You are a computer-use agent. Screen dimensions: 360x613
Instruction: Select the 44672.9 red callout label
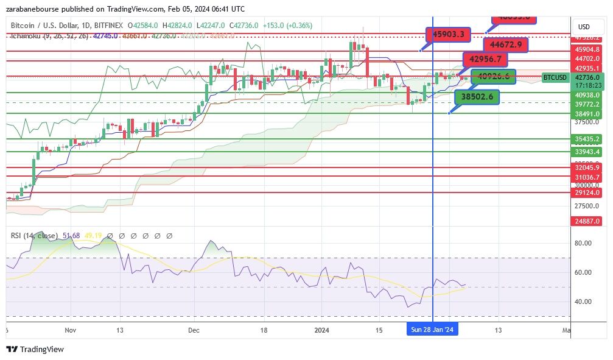[505, 44]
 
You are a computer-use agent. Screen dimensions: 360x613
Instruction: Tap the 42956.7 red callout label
[485, 60]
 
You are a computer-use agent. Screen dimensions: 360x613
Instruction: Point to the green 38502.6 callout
[477, 96]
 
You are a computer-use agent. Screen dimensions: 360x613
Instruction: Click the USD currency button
[584, 27]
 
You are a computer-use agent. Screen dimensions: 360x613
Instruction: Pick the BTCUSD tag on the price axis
[555, 77]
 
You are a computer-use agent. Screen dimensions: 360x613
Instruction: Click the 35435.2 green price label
[587, 139]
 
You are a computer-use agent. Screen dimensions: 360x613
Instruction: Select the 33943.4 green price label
[587, 152]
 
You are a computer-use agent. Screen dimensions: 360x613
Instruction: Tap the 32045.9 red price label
[587, 167]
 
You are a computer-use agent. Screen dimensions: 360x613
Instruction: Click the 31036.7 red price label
[587, 177]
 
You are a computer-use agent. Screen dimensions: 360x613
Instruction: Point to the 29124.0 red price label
[587, 192]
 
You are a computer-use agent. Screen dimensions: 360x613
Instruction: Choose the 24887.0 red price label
[587, 221]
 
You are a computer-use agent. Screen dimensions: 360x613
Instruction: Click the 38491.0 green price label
[587, 113]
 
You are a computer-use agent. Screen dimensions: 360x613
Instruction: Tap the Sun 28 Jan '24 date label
[432, 330]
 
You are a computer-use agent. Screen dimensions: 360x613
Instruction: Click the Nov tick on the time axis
[70, 330]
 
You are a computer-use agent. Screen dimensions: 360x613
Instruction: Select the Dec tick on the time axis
[194, 330]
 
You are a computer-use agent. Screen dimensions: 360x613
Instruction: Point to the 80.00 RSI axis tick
[584, 243]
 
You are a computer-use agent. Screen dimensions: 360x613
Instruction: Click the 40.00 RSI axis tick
[584, 302]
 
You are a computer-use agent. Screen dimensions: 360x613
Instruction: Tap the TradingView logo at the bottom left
[35, 349]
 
